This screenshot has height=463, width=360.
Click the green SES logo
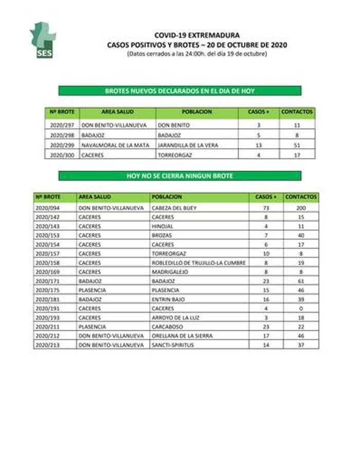click(43, 40)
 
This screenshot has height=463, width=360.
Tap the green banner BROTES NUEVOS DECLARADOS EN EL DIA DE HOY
click(180, 91)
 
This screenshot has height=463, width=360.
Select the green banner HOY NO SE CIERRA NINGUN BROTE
click(180, 176)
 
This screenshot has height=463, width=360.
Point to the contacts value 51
click(298, 146)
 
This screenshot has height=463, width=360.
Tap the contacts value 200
click(301, 208)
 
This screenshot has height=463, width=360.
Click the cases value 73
click(266, 208)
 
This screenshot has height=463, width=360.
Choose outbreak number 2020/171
click(48, 281)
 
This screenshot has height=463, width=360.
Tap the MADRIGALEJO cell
click(169, 272)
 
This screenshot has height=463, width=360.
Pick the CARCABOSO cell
click(167, 326)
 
